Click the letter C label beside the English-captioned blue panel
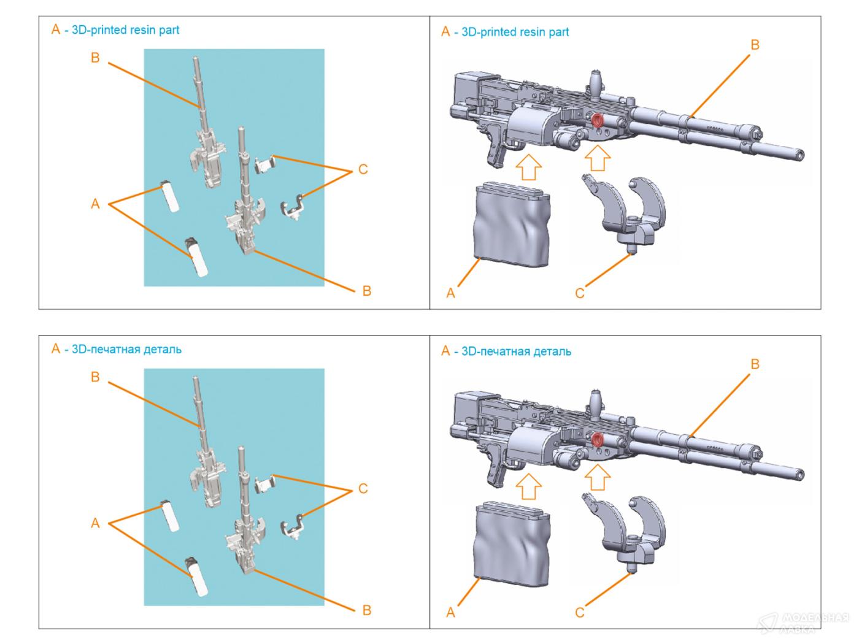(363, 169)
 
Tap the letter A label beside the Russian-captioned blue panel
(95, 523)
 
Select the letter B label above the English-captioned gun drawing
(755, 45)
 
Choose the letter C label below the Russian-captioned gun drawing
(580, 612)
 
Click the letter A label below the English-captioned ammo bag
(451, 293)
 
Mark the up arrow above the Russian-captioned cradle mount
(596, 478)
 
